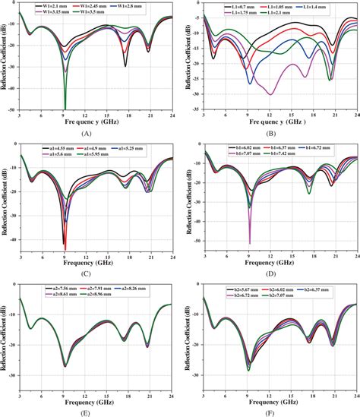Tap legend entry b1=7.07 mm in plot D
[237, 153]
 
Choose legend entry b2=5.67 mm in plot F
[237, 286]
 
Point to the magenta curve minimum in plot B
[270, 94]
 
